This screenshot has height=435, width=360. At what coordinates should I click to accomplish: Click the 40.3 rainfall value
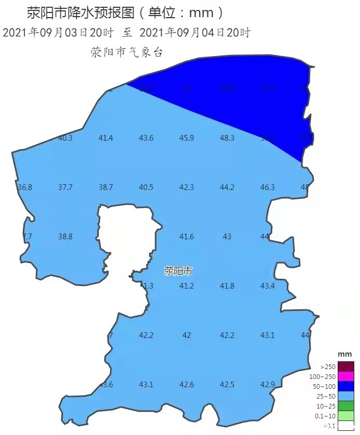65,138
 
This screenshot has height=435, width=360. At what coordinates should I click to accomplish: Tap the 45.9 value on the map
187,138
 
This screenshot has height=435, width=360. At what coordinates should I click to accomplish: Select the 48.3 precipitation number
227,138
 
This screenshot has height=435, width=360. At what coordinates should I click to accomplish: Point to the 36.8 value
25,187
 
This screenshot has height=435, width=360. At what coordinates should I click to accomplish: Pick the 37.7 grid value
65,187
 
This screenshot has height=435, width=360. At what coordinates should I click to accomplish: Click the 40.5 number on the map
146,187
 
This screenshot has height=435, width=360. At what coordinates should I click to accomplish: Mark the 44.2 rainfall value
227,187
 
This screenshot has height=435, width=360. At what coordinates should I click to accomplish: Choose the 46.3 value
268,187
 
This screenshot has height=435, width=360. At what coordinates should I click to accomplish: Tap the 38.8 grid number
65,237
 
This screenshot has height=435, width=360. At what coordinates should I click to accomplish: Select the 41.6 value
187,237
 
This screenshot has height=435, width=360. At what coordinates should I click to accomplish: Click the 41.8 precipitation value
227,286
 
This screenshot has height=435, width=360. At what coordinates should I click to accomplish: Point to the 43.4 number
268,286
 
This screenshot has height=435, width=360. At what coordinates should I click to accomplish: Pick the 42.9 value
268,385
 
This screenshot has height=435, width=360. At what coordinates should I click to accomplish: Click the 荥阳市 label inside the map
178,271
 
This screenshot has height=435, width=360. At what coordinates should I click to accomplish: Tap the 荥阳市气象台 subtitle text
127,52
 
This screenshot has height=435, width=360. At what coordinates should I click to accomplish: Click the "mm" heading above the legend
345,354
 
